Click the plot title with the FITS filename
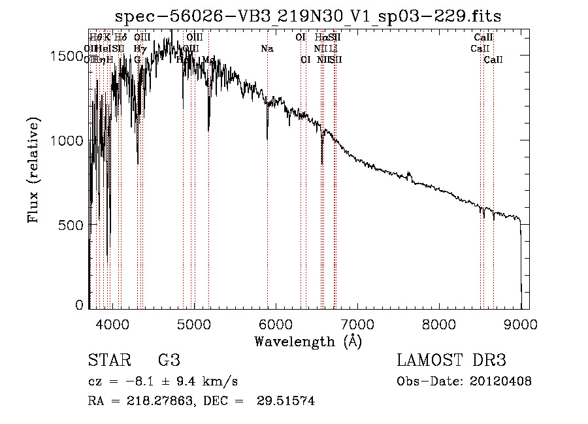(x=308, y=16)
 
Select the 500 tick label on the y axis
(x=72, y=225)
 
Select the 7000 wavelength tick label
(x=357, y=323)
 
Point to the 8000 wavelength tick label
(x=439, y=323)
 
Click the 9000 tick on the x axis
(x=521, y=323)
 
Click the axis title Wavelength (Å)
(x=308, y=341)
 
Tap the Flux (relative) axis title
(x=33, y=170)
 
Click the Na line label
(x=267, y=48)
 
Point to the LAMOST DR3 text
(x=451, y=361)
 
